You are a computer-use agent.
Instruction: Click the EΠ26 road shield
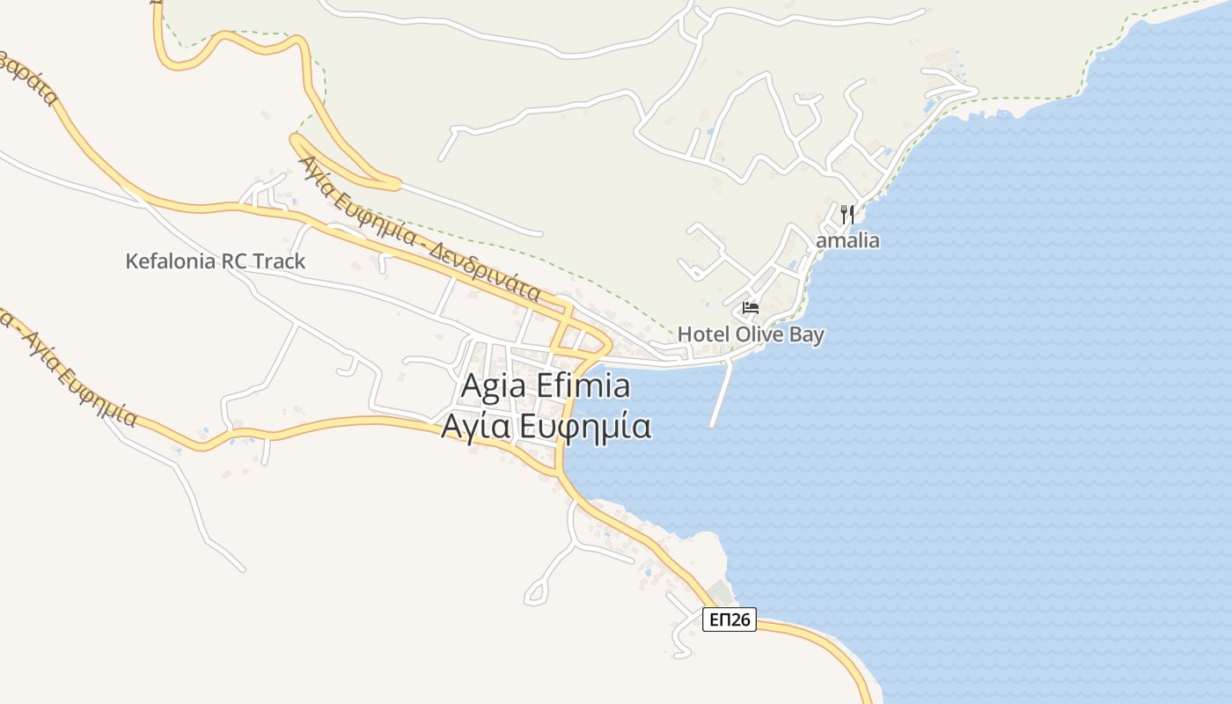[730, 620]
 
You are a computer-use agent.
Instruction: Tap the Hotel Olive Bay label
[751, 334]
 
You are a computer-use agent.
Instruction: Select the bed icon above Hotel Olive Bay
[751, 308]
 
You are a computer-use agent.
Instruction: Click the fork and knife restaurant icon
[847, 214]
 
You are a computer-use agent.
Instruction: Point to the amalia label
[847, 240]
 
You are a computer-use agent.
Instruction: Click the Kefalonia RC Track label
[216, 261]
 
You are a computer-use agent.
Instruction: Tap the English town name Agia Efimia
[546, 386]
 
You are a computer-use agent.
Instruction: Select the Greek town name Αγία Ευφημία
[546, 426]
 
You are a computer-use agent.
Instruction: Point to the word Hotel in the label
[704, 334]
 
